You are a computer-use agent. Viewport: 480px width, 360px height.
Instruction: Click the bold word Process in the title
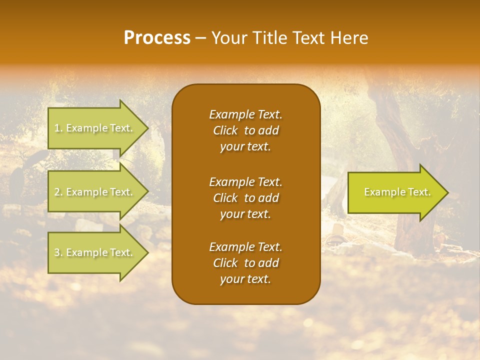pos(157,38)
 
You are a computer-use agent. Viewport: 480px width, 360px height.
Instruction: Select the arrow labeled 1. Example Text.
pos(95,128)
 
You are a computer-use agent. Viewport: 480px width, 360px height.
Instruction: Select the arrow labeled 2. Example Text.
pos(95,192)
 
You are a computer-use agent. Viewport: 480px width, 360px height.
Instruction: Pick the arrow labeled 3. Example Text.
pos(95,252)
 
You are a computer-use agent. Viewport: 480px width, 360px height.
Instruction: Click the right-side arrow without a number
pos(395,192)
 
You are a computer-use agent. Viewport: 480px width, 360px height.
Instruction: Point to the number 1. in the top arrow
pos(58,128)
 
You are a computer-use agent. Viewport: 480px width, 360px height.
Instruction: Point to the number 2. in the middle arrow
pos(58,192)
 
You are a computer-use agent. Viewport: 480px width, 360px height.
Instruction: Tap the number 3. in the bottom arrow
pos(58,253)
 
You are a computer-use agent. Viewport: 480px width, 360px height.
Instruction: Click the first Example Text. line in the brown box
pos(245,114)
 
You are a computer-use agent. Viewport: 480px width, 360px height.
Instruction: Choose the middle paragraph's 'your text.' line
pos(245,214)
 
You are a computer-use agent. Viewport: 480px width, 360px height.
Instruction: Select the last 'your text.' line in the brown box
pos(245,279)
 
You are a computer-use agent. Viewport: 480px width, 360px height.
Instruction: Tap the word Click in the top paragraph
pos(225,130)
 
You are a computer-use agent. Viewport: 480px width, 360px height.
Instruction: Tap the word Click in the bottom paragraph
pos(225,263)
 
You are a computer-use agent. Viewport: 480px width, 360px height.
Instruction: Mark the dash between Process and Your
pos(200,38)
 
